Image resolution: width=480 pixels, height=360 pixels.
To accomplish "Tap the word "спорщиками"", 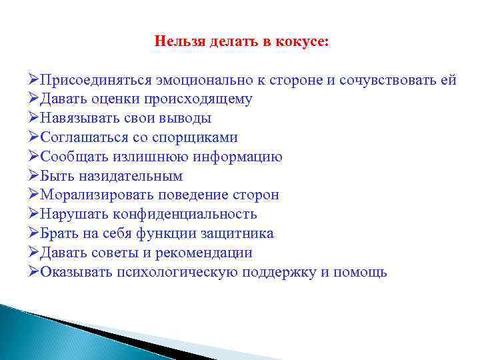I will (200, 138).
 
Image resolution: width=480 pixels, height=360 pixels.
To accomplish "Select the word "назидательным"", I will (129, 177).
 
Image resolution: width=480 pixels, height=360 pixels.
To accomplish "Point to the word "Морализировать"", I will (97, 195).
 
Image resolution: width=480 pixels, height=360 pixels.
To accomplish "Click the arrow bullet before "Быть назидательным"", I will (34, 177).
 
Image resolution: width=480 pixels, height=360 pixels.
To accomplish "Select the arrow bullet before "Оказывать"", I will (34, 273).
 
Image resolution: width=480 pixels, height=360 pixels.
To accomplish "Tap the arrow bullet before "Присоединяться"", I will (34, 80).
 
